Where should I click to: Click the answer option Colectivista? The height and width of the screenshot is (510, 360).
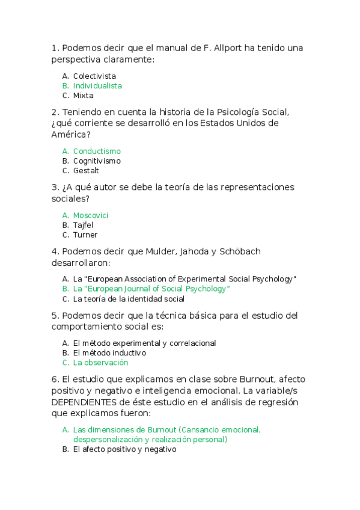pyautogui.click(x=94, y=76)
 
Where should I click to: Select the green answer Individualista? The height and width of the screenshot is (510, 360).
pyautogui.click(x=97, y=86)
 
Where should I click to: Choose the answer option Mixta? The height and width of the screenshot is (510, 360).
pyautogui.click(x=83, y=96)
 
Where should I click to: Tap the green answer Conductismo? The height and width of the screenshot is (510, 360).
pyautogui.click(x=96, y=152)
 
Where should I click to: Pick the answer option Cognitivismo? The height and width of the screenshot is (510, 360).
pyautogui.click(x=97, y=161)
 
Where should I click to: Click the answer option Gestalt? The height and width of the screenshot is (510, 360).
pyautogui.click(x=86, y=171)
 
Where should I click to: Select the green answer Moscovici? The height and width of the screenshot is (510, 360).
pyautogui.click(x=91, y=215)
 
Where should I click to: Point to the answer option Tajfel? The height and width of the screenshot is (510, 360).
pyautogui.click(x=83, y=225)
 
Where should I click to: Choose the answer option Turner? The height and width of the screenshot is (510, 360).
pyautogui.click(x=85, y=235)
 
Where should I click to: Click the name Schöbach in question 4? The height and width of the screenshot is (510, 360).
pyautogui.click(x=237, y=251)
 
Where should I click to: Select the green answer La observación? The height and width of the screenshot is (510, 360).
pyautogui.click(x=100, y=363)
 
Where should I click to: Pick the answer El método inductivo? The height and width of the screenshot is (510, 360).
pyautogui.click(x=109, y=353)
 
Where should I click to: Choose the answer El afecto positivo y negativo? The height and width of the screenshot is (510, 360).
pyautogui.click(x=124, y=449)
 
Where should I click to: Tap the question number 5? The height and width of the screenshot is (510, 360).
pyautogui.click(x=55, y=316)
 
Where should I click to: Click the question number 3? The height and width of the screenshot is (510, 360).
pyautogui.click(x=55, y=187)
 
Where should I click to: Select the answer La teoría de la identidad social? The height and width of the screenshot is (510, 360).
pyautogui.click(x=129, y=299)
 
